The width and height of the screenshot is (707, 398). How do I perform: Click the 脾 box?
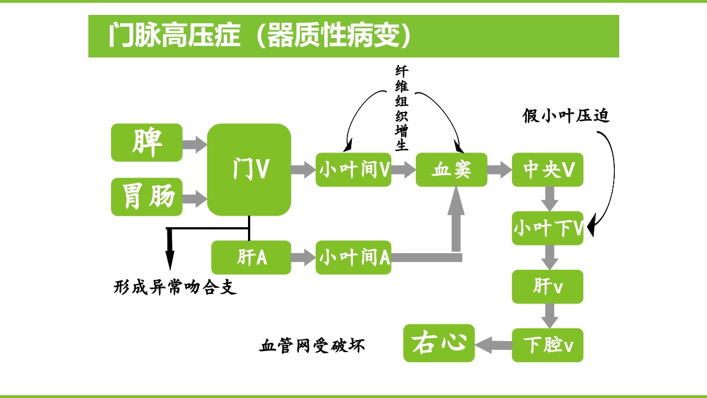(146, 143)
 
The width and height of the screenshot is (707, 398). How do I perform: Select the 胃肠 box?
(146, 197)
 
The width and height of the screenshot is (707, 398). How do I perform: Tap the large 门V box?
(249, 169)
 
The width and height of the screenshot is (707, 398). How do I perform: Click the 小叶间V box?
(353, 170)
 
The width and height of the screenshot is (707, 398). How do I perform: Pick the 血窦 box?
(451, 170)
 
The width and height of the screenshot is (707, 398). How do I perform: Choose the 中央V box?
(547, 170)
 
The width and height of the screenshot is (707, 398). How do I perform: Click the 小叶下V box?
(547, 228)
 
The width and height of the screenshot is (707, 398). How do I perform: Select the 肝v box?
(547, 286)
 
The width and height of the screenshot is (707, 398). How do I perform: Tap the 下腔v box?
(547, 345)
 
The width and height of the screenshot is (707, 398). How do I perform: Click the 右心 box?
(439, 343)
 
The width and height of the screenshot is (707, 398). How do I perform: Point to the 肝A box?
(251, 258)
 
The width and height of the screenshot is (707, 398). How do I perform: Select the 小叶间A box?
(353, 258)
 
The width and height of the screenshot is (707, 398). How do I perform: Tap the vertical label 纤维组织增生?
(402, 108)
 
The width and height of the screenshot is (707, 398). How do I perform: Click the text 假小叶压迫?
(566, 116)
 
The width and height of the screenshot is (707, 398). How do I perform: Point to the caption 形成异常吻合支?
(175, 287)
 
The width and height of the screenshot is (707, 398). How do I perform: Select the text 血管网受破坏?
(312, 346)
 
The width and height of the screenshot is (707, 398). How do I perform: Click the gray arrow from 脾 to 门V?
(194, 145)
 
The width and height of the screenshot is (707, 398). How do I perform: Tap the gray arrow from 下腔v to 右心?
(493, 345)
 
